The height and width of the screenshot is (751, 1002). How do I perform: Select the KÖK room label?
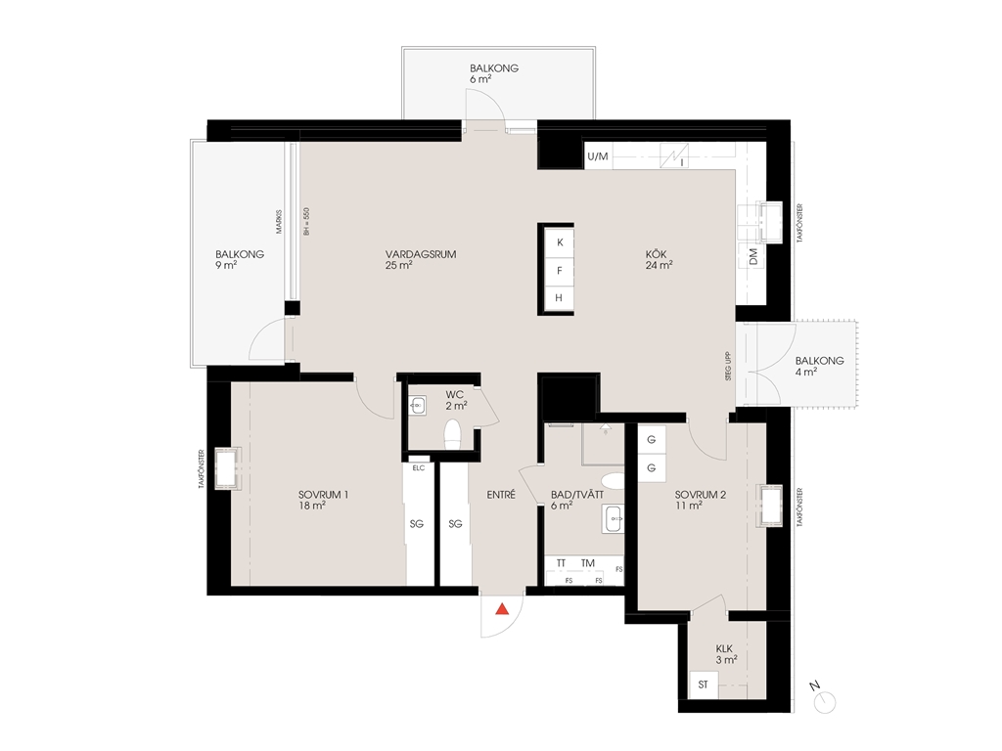pos(656,254)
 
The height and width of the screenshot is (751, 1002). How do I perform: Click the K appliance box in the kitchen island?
pos(560,243)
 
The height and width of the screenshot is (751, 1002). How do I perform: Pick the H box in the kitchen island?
pos(559,298)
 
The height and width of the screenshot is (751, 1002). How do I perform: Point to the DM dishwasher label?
pos(753,257)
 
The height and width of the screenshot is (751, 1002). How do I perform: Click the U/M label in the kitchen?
pos(598,156)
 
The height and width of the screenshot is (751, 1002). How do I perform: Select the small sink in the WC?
pos(417,405)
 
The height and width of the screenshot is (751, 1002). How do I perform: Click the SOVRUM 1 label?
pos(323,495)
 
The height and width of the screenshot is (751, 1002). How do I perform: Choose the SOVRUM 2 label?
pos(701,495)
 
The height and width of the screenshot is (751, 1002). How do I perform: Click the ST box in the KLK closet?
pos(703,685)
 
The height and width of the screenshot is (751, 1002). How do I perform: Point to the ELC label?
pos(419,468)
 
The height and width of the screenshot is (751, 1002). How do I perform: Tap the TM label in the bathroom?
pos(588,563)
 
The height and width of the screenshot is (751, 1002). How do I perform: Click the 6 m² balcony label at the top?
pos(480,80)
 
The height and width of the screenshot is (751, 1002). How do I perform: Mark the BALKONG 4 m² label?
pos(819,366)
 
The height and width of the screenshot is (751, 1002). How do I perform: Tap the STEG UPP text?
pos(728,367)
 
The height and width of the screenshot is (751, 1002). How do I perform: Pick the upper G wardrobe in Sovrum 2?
pos(651,440)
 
